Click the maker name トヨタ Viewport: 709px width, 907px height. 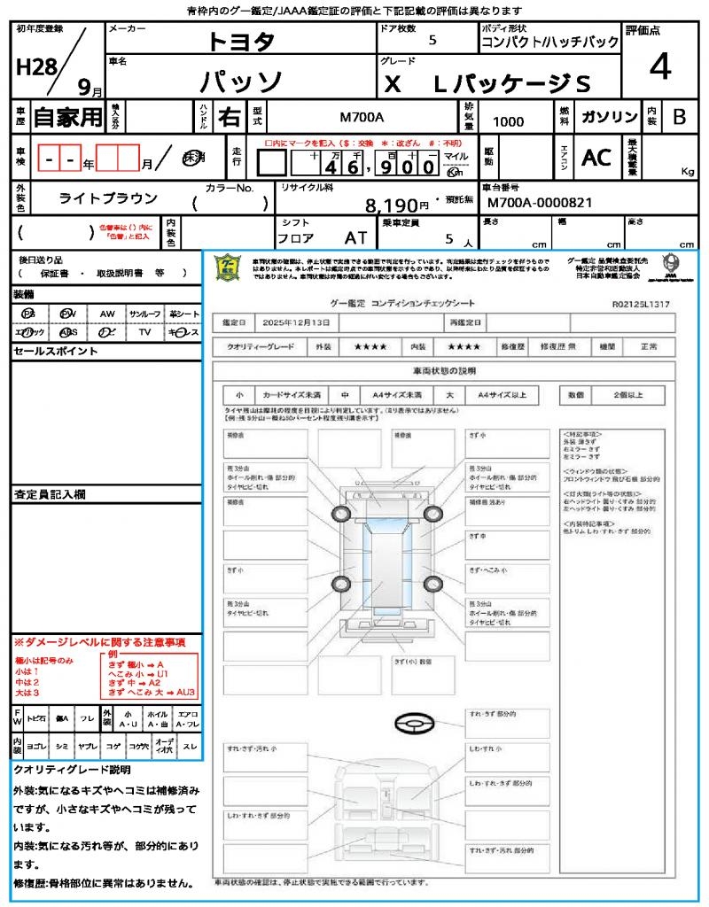click(241, 42)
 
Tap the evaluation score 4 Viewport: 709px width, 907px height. click(658, 67)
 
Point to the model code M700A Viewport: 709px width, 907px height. click(362, 117)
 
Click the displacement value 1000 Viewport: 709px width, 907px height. click(508, 122)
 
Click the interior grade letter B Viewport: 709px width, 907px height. click(679, 117)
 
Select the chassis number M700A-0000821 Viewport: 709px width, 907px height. click(539, 203)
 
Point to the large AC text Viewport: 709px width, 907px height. click(596, 158)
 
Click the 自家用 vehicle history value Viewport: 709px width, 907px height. click(68, 117)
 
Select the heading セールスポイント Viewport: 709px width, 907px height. click(55, 352)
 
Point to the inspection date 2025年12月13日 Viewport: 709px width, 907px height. click(300, 323)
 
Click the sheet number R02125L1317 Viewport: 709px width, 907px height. click(641, 304)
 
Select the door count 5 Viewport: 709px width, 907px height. click(432, 41)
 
